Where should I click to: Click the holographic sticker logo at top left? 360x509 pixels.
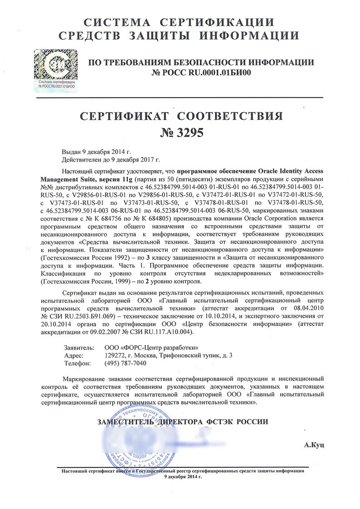tap(55, 70)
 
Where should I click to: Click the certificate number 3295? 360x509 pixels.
tap(181, 132)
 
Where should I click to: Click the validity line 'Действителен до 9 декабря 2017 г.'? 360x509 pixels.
tap(111, 160)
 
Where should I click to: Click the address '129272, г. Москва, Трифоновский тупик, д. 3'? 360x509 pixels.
tap(168, 355)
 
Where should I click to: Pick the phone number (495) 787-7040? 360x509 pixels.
tap(126, 363)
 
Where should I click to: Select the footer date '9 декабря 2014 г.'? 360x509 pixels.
tap(183, 477)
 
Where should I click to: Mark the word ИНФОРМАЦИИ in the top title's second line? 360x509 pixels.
tap(254, 36)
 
